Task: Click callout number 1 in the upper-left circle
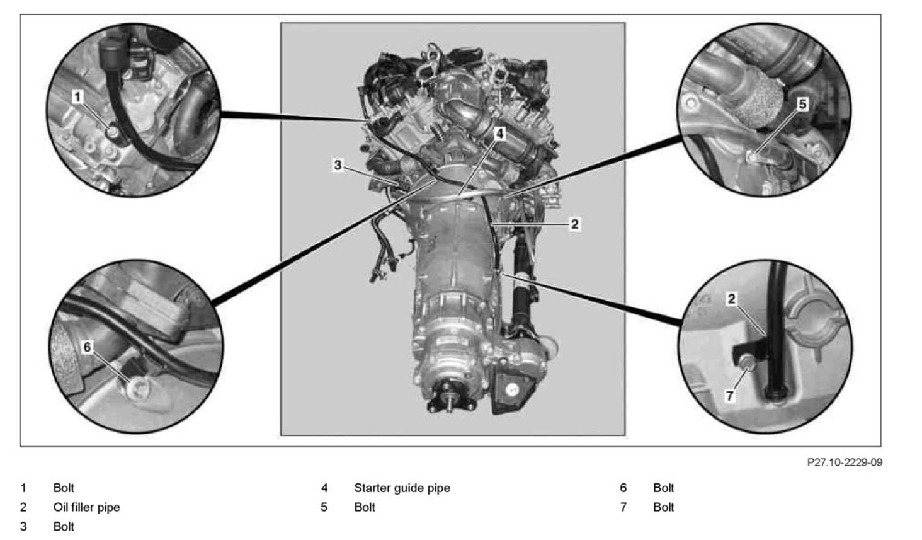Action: (77, 97)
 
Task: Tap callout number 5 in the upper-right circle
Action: (802, 104)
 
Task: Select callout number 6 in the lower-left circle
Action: (87, 347)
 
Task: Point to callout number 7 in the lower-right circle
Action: (730, 396)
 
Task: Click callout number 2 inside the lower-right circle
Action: (731, 299)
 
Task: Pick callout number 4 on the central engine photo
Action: (499, 133)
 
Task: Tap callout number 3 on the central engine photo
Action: (338, 165)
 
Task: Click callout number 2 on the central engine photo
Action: (574, 224)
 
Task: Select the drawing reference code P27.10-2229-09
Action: (845, 462)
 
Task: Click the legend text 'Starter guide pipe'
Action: (402, 488)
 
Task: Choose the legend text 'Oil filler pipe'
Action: (86, 507)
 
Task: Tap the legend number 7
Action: (623, 507)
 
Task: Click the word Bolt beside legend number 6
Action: (664, 488)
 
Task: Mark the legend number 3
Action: (23, 526)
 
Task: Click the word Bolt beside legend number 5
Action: (365, 507)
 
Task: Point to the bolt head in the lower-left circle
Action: (138, 388)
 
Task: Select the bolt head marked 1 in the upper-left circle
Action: (111, 132)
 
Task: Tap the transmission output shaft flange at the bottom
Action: (447, 398)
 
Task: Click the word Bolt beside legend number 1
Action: (64, 488)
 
